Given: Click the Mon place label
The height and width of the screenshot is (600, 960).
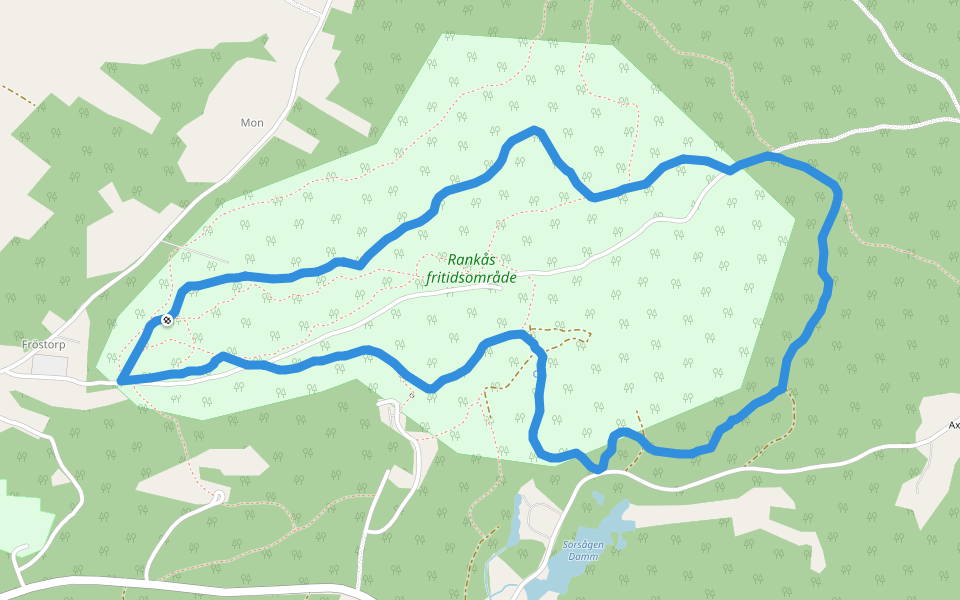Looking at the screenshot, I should [252, 123].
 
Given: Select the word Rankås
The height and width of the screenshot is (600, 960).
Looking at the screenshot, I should [471, 260].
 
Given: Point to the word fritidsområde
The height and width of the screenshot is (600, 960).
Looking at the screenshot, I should [471, 277].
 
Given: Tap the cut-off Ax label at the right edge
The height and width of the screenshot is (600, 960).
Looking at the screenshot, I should [953, 424].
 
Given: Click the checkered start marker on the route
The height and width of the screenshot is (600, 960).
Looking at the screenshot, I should [166, 320].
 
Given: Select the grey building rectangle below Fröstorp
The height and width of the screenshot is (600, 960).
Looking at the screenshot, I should [50, 365].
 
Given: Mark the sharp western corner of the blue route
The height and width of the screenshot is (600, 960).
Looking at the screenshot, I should [121, 381].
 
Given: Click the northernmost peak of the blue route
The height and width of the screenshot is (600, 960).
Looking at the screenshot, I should [536, 130].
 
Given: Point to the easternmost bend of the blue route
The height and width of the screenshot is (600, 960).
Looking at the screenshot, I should [837, 190].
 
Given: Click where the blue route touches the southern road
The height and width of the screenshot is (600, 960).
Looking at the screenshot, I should [598, 468].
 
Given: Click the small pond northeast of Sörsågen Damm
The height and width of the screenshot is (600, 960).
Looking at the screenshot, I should [598, 497].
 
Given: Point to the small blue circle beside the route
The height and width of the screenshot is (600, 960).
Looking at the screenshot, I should [537, 374].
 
